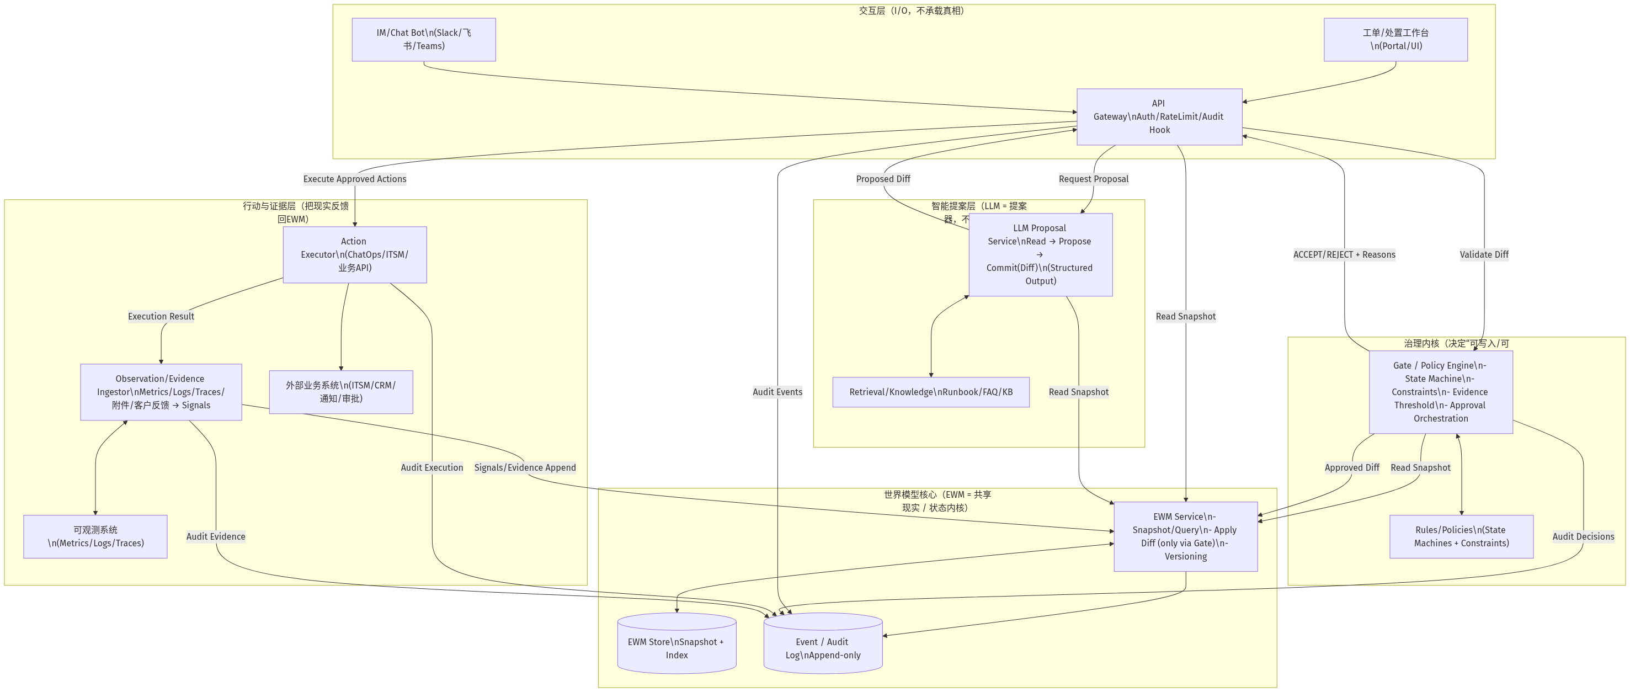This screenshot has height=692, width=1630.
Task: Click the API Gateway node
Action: tap(1159, 116)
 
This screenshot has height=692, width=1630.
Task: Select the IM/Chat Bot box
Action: tap(423, 39)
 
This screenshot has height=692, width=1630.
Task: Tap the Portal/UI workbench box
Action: tap(1395, 39)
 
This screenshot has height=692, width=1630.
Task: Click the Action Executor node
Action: tap(354, 254)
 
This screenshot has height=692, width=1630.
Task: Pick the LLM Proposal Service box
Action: tap(1040, 254)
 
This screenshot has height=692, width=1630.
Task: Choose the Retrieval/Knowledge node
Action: tap(930, 392)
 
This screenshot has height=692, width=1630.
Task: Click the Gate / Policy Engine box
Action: tap(1440, 392)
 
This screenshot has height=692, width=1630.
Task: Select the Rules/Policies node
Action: tap(1461, 536)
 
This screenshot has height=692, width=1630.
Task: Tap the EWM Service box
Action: tap(1185, 536)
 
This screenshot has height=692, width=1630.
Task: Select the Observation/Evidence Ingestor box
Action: tap(161, 392)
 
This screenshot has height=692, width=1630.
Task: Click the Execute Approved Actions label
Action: tap(354, 179)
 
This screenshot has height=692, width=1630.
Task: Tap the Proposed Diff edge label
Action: tap(883, 179)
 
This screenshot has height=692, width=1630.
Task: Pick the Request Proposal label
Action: tap(1094, 179)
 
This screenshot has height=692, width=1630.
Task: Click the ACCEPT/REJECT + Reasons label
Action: tap(1344, 254)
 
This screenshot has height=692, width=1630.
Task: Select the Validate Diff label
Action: tap(1484, 254)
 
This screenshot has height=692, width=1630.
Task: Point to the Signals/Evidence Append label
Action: tap(525, 467)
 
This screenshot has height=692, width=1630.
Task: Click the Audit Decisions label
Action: tap(1583, 536)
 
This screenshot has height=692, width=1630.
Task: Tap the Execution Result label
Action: tap(161, 316)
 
